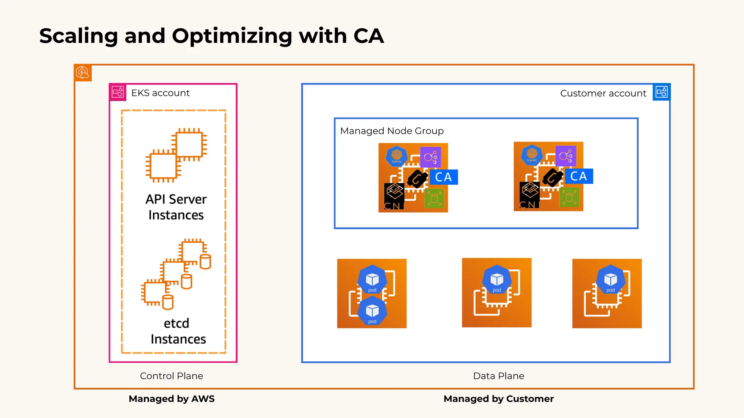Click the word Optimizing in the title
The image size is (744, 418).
[x=232, y=36]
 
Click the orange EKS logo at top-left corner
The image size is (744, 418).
[x=83, y=73]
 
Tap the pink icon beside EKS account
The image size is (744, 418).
[x=118, y=92]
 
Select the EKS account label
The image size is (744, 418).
[x=160, y=93]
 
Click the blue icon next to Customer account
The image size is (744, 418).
[x=661, y=92]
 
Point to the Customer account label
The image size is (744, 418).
[x=603, y=93]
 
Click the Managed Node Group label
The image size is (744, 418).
[x=392, y=131]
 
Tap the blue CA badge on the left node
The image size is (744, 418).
[x=444, y=177]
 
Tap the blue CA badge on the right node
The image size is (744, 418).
[x=579, y=176]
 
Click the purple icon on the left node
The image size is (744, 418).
[x=430, y=157]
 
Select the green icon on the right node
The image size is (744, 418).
[x=569, y=198]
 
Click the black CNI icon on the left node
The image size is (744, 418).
[x=394, y=196]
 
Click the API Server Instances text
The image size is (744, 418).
[x=176, y=207]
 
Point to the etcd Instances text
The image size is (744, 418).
[x=178, y=331]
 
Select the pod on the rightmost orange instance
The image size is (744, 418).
[x=610, y=280]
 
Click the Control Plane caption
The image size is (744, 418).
[x=171, y=376]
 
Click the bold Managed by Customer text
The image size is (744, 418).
[x=498, y=399]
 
